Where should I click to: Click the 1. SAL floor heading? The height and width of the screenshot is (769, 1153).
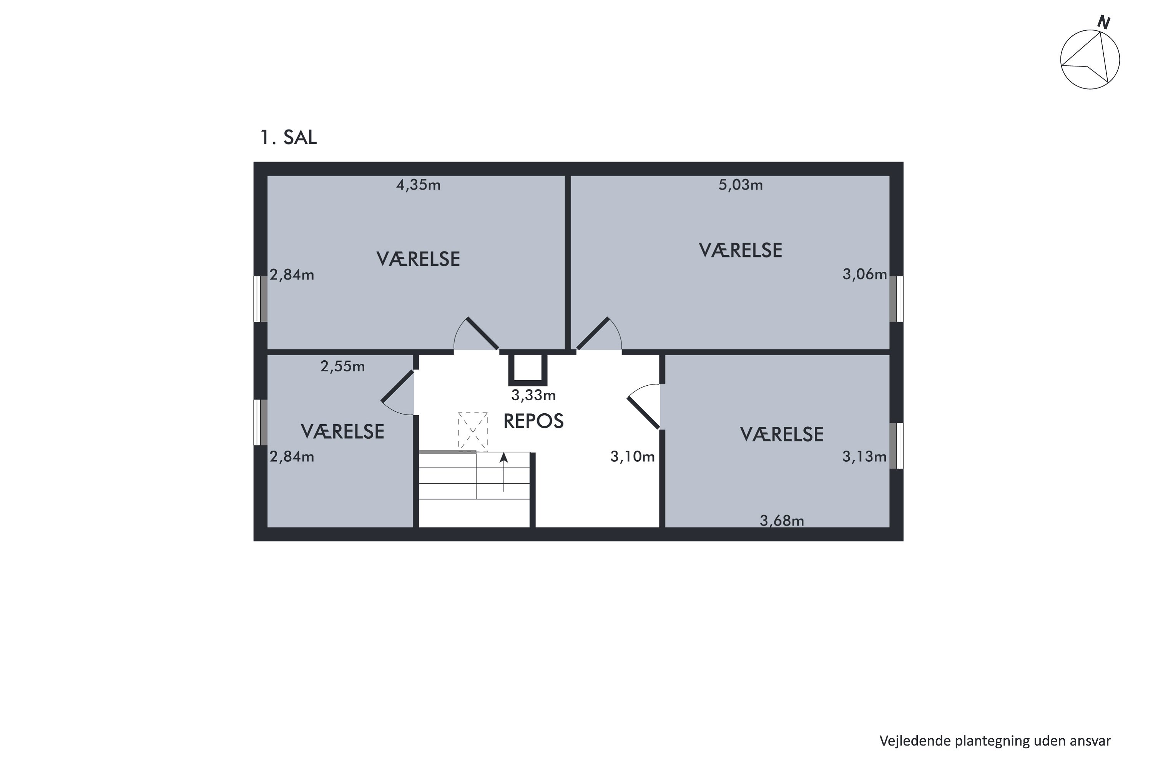pyautogui.click(x=288, y=137)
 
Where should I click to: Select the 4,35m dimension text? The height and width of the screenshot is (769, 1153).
pyautogui.click(x=418, y=185)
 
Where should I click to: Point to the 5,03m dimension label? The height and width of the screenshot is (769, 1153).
pyautogui.click(x=741, y=185)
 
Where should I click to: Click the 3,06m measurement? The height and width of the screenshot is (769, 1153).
pyautogui.click(x=865, y=274)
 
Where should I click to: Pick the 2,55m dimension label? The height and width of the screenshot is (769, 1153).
pyautogui.click(x=343, y=366)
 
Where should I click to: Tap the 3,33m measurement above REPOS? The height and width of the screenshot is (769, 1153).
pyautogui.click(x=533, y=395)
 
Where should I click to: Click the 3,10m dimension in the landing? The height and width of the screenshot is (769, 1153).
pyautogui.click(x=632, y=457)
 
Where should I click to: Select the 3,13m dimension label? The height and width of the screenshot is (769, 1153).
pyautogui.click(x=864, y=457)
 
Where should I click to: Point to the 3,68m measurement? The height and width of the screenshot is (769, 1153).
pyautogui.click(x=782, y=521)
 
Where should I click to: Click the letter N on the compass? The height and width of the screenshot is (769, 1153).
pyautogui.click(x=1103, y=23)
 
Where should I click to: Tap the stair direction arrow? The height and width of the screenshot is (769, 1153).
pyautogui.click(x=503, y=472)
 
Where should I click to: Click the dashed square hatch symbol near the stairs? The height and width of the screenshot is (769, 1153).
pyautogui.click(x=473, y=431)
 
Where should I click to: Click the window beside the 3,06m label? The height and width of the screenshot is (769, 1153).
pyautogui.click(x=897, y=299)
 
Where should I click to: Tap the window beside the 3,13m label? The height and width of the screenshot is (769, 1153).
pyautogui.click(x=897, y=446)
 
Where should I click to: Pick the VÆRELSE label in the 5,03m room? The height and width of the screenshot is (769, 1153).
pyautogui.click(x=740, y=251)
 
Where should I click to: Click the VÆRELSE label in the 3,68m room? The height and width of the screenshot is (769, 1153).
pyautogui.click(x=781, y=434)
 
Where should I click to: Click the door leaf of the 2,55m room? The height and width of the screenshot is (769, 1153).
pyautogui.click(x=397, y=386)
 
